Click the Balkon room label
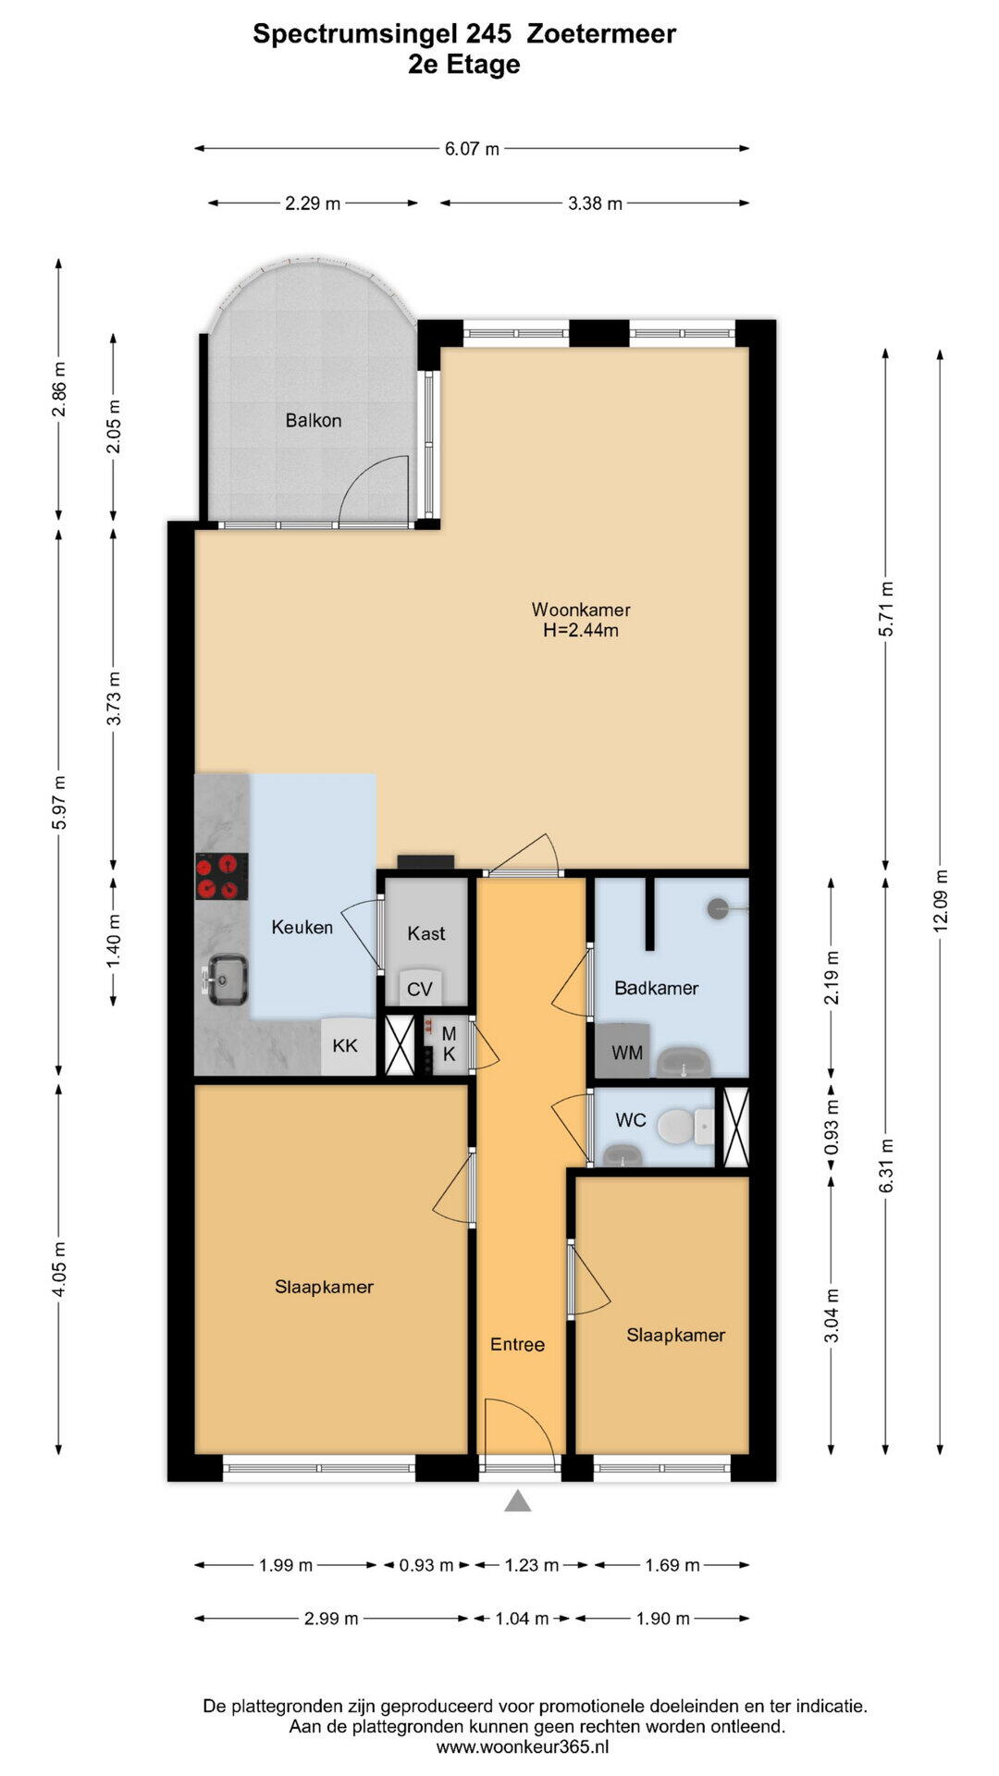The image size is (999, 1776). coord(314,420)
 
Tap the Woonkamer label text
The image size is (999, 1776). coord(581,610)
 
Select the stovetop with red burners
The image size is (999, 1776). coord(222,877)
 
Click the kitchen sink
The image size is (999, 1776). coord(226,980)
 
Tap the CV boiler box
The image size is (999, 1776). coord(420,987)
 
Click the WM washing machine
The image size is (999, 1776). coord(625,1051)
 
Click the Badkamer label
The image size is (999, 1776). coord(657,988)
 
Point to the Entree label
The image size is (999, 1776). coord(517,1344)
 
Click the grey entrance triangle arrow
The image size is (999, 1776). coord(518,1501)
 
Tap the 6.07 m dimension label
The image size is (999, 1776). coord(472,148)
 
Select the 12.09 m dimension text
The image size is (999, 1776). coord(941,900)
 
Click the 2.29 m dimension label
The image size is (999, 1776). coord(313,203)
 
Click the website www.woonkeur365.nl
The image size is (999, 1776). coord(523,1747)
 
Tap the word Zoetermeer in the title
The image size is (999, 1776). coord(601,34)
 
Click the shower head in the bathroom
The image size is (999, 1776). coord(719,908)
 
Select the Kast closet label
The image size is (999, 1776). coord(426,933)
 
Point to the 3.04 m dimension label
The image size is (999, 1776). coord(832,1315)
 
